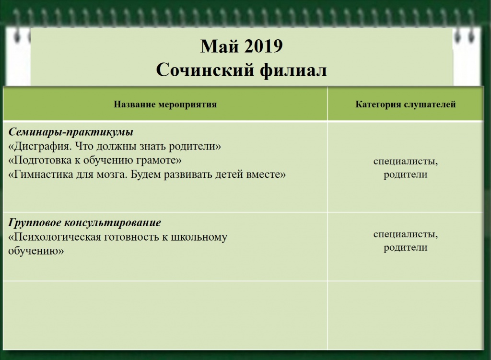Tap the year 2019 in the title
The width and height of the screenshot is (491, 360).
click(x=264, y=47)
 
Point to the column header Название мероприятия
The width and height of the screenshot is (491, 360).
click(x=165, y=105)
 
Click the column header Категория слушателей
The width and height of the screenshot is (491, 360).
click(x=405, y=105)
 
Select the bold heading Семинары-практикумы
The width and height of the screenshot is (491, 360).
click(x=71, y=132)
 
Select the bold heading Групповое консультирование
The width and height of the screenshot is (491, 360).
click(x=85, y=223)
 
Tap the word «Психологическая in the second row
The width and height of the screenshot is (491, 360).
click(x=52, y=237)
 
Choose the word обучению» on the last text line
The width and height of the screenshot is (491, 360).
click(x=36, y=250)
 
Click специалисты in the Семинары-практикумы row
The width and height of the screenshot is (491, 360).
click(x=405, y=161)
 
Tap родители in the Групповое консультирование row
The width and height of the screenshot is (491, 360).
click(x=405, y=248)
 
